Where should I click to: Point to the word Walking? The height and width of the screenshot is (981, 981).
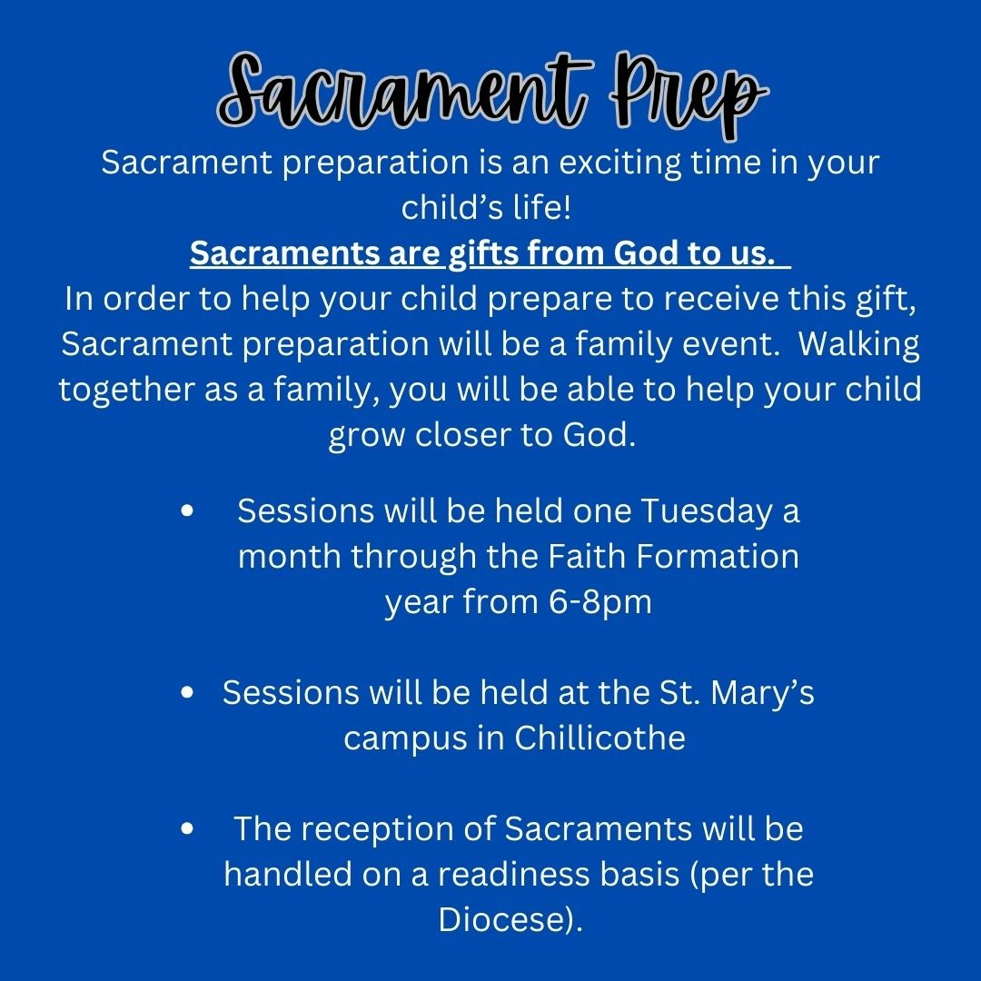click(x=858, y=345)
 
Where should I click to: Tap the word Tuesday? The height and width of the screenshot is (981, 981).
click(x=707, y=512)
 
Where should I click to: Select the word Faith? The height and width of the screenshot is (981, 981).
click(x=587, y=556)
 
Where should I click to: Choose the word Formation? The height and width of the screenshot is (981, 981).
click(x=717, y=556)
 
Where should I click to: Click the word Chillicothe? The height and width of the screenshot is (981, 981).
click(x=599, y=738)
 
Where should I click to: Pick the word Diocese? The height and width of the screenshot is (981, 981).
click(x=504, y=919)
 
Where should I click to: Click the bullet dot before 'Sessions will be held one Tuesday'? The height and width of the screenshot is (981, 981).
click(x=186, y=510)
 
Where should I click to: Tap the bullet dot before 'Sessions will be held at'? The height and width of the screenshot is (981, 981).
click(x=186, y=692)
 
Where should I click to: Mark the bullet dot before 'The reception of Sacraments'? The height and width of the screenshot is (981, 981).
click(x=186, y=828)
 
